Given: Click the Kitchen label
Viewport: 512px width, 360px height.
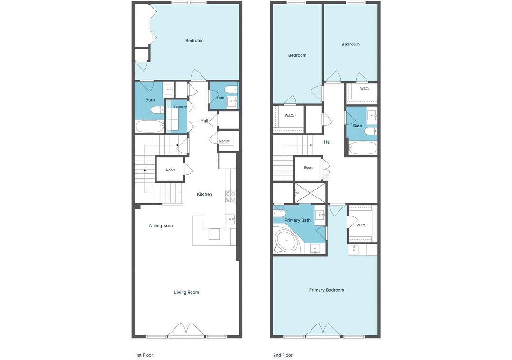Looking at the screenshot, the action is coord(204,194).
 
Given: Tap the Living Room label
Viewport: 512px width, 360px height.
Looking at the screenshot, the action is coord(186,292).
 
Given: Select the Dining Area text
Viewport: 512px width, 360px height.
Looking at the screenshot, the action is coord(161,226).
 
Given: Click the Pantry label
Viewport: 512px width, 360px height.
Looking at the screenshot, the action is coord(225,141).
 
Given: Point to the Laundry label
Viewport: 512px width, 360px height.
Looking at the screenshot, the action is coord(180,107).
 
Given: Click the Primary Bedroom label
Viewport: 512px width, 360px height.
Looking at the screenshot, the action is coord(327,290).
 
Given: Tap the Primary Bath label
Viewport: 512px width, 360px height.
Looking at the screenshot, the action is coord(297,220).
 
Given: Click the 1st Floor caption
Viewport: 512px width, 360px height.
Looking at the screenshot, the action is coord(144,355).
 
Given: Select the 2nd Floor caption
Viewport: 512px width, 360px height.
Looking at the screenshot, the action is coord(283,355).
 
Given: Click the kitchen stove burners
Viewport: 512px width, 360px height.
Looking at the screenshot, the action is coord(230,196).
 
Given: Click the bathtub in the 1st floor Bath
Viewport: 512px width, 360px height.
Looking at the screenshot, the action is coord(149,126).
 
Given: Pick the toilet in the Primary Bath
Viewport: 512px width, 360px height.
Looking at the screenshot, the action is coord(279,213).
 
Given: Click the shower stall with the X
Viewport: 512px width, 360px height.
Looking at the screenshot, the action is coord(310,193).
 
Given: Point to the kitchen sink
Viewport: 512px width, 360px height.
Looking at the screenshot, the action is coord(230,219).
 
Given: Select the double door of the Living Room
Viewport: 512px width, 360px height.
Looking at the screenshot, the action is coord(186,330).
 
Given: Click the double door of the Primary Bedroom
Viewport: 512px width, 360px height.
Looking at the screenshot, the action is coord(324,330).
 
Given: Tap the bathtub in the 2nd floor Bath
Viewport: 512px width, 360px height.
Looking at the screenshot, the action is coord(363,148).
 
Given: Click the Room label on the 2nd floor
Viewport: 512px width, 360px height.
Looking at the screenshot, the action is coord(308,167).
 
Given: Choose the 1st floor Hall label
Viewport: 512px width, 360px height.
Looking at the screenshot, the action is coord(204,121).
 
